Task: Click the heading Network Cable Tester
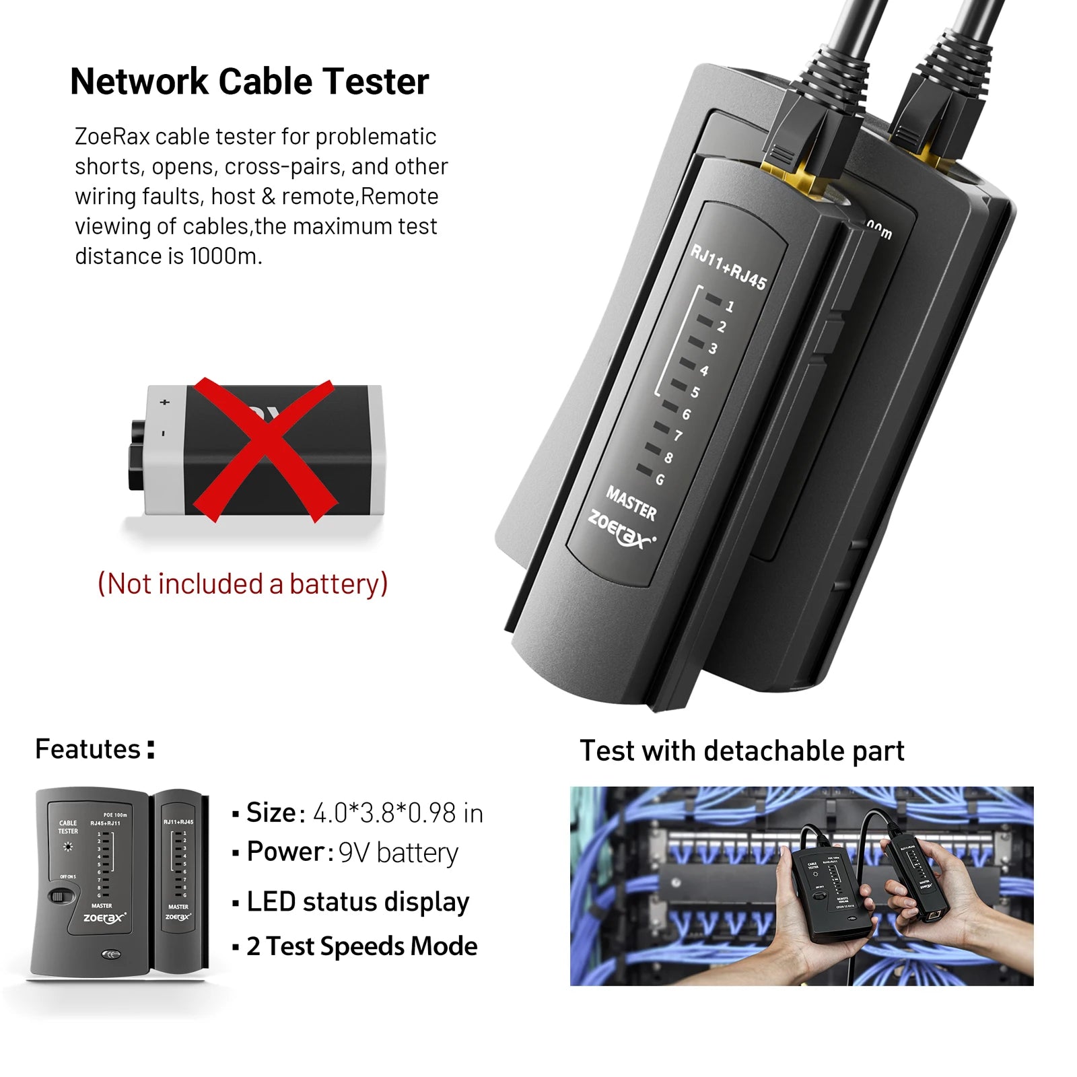[x=249, y=81]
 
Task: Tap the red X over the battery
[x=264, y=450]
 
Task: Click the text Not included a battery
[x=243, y=584]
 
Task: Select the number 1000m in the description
[x=224, y=256]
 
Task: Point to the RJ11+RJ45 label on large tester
[x=728, y=267]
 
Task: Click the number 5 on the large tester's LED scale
[x=695, y=392]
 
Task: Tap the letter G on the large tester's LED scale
[x=660, y=480]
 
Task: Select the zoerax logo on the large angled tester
[x=621, y=531]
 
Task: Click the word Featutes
[x=88, y=749]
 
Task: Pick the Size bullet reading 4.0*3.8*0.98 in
[x=363, y=813]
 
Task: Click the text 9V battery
[x=398, y=853]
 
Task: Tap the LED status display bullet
[x=357, y=902]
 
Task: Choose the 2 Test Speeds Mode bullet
[x=361, y=946]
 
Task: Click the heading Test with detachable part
[x=742, y=751]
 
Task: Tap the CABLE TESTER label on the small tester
[x=68, y=827]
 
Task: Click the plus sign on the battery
[x=164, y=403]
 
